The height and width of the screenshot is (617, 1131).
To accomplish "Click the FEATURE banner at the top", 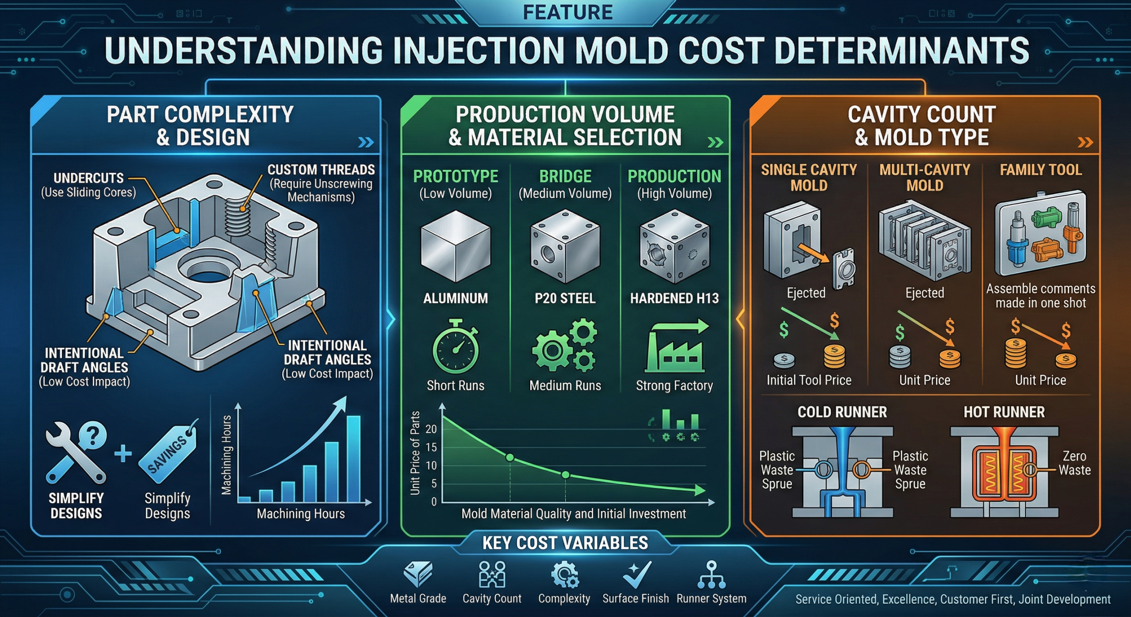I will pos(567,12).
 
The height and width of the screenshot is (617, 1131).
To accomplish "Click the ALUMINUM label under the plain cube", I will pos(455,298).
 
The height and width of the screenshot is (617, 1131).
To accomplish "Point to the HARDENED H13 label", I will pos(674,298).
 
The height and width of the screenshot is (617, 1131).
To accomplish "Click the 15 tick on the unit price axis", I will pos(431,447).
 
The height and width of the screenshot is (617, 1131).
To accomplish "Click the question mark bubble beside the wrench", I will pos(92,436).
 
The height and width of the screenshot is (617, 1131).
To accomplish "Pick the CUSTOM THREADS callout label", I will pos(321,170).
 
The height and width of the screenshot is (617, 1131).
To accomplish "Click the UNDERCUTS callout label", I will pos(88,178).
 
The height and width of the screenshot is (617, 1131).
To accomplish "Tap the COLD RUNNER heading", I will pos(842,412).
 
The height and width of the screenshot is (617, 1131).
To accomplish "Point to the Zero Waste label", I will pos(1074,463).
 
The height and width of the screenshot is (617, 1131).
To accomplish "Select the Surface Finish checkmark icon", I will pos(636,575).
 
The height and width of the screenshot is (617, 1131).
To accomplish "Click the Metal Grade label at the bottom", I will pos(418,598).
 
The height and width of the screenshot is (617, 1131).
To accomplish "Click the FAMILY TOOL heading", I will pos(1040,170).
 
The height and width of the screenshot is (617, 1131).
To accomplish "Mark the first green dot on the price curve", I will pos(509,457).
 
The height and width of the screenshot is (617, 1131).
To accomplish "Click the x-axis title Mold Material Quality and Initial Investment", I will pos(573,514).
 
